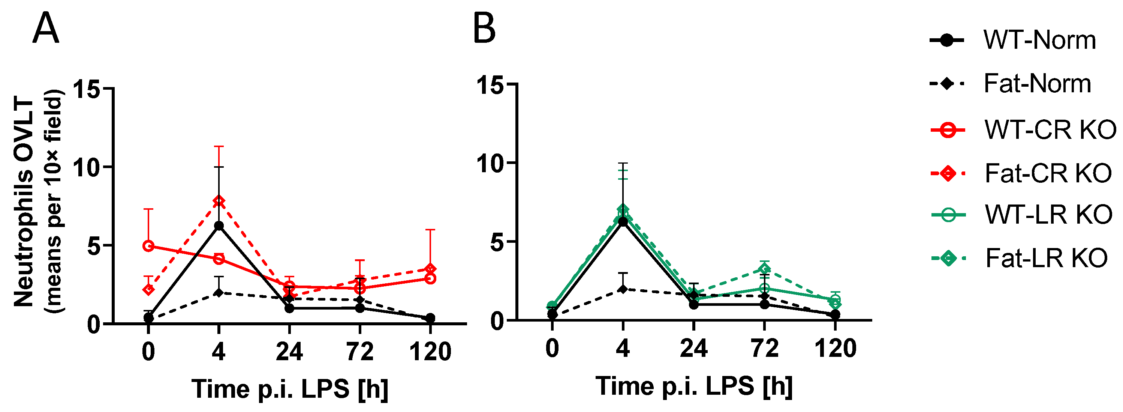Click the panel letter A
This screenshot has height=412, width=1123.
pos(45,29)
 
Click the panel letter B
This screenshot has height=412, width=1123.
pos(484,29)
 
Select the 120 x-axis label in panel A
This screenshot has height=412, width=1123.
pos(430,352)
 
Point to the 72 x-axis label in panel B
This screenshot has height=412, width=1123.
pos(764,349)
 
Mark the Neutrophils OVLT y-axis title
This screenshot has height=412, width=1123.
pos(24,203)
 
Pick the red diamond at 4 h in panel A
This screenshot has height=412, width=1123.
pos(219,201)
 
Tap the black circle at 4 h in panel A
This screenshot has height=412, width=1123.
pos(219,226)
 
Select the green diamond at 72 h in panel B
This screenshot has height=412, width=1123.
pos(764,269)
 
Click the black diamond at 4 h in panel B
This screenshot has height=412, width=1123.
pos(623,289)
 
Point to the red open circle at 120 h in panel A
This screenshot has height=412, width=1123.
pos(430,278)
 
